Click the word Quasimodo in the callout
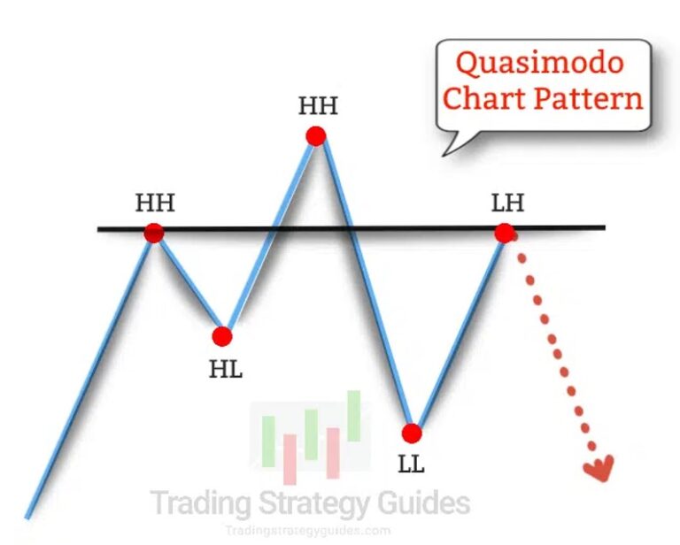click(539, 64)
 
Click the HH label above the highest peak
click(317, 107)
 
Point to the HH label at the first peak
click(155, 203)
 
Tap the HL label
click(226, 369)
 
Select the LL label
click(411, 464)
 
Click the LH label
click(507, 203)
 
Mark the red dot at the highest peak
click(315, 135)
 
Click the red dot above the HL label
click(222, 336)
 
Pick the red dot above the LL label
click(411, 433)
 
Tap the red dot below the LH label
click(504, 233)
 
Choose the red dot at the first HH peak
click(154, 233)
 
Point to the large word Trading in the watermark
click(200, 503)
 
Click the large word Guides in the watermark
click(421, 503)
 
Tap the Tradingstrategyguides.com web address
click(306, 531)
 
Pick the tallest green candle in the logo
click(354, 416)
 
